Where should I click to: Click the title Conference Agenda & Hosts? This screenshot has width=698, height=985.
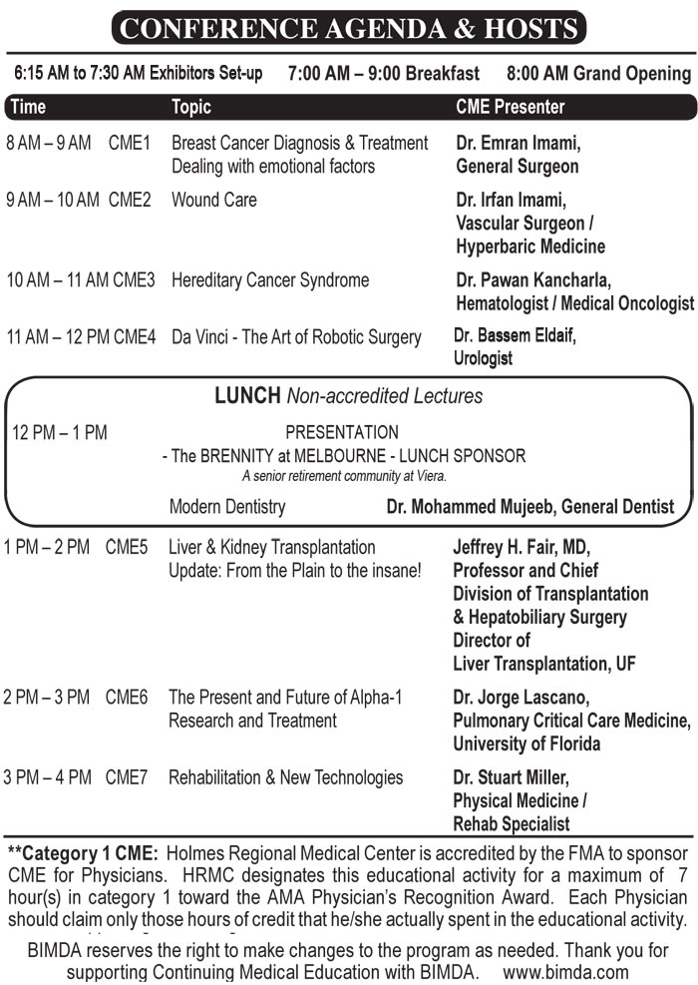point(348,27)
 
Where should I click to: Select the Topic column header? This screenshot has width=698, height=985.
point(191,107)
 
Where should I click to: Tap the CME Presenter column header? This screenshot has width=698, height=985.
point(510,107)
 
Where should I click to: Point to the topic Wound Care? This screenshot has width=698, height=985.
point(213,200)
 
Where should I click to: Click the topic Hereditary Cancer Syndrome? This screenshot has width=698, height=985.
point(270,280)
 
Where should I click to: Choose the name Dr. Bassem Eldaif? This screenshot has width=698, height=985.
point(515,336)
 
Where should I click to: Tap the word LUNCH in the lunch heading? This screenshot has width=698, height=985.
point(247,396)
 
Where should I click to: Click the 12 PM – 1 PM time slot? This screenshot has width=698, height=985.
point(60,433)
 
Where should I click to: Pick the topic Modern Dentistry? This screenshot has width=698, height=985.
point(227,507)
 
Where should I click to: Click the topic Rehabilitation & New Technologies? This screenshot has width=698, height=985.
point(285,777)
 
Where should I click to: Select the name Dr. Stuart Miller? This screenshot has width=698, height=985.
point(512,777)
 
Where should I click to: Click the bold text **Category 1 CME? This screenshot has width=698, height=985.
point(83,854)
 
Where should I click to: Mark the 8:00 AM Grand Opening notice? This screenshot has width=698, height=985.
point(598,74)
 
